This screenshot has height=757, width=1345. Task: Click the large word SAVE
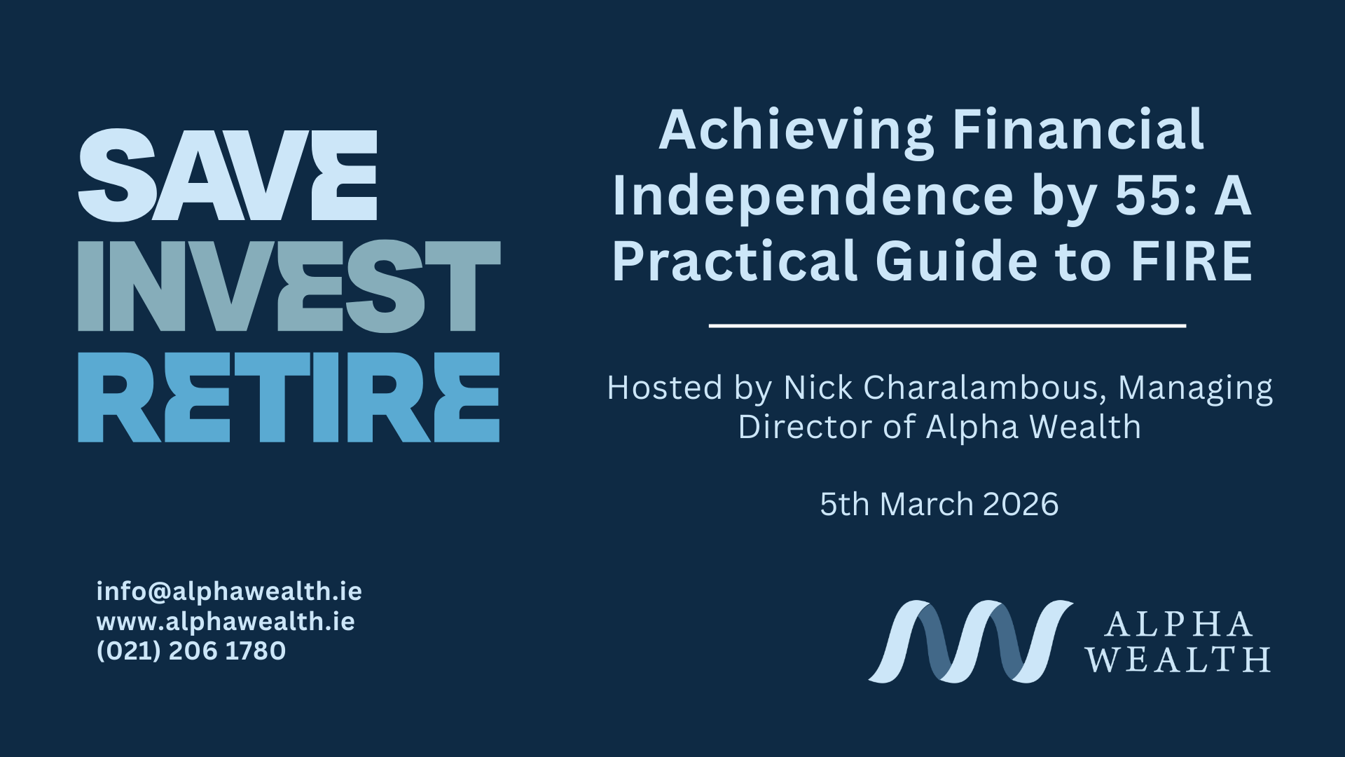(x=228, y=175)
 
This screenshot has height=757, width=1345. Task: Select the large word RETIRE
(x=289, y=397)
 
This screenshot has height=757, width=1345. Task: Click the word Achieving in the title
(x=796, y=132)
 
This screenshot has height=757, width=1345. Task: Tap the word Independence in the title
(x=813, y=198)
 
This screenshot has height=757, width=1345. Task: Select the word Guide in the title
(x=956, y=261)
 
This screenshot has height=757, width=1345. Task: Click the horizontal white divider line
(x=947, y=326)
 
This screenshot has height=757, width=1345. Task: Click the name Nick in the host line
(x=813, y=388)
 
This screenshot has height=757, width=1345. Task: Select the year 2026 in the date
(x=1020, y=505)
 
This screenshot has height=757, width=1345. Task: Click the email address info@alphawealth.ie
(x=229, y=592)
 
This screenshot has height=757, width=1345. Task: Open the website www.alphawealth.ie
(x=226, y=622)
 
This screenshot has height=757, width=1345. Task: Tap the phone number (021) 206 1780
(x=191, y=651)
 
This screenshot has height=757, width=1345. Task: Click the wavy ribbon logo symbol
(x=970, y=641)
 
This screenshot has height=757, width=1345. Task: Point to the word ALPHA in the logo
(x=1178, y=625)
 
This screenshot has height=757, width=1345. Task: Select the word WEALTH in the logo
(x=1178, y=660)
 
